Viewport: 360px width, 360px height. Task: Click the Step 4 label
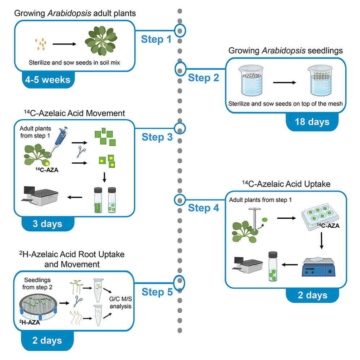pos(203,208)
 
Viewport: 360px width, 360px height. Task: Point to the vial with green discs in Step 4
pos(274,269)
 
